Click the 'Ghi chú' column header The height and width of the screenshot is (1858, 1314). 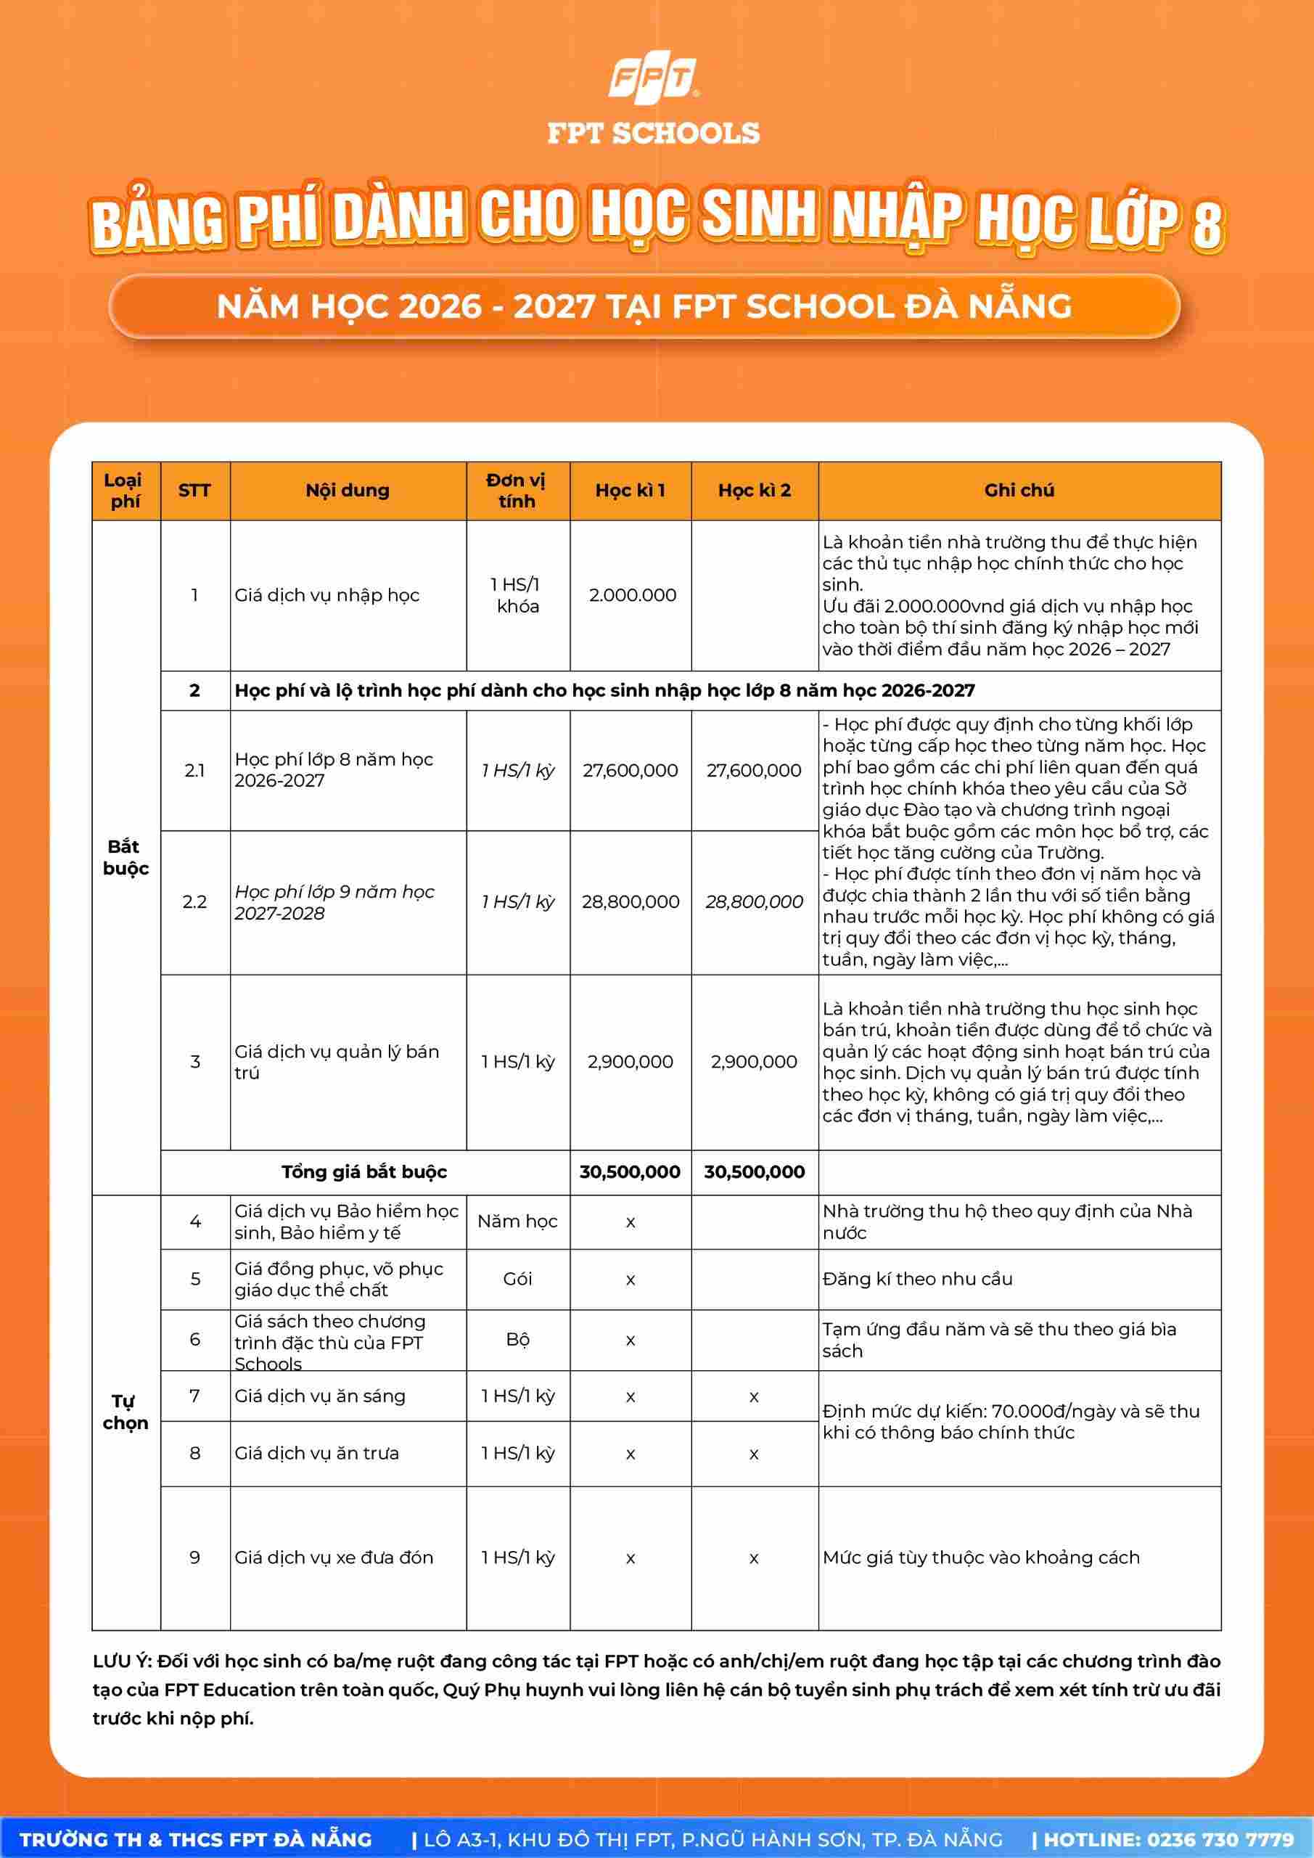(x=1019, y=491)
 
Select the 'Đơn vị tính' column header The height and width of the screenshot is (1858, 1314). (x=517, y=491)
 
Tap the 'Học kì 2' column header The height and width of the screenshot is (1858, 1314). (x=754, y=491)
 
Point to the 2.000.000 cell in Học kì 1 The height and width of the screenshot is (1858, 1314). (x=632, y=596)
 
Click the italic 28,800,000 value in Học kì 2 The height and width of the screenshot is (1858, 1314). (x=754, y=902)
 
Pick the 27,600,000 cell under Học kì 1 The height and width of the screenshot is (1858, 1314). (x=631, y=770)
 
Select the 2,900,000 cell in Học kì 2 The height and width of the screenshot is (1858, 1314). (x=754, y=1062)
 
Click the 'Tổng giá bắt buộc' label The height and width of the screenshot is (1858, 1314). (x=364, y=1171)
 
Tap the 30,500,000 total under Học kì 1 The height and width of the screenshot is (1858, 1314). (x=631, y=1171)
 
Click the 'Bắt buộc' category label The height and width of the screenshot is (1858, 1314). (x=126, y=858)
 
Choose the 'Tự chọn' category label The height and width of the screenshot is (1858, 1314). (x=126, y=1412)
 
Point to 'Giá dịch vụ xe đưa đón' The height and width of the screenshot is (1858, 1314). (x=334, y=1558)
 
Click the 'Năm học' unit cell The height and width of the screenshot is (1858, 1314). (x=517, y=1221)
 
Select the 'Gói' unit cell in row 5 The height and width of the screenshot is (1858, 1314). (x=517, y=1279)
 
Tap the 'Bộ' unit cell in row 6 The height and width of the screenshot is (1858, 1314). (x=517, y=1339)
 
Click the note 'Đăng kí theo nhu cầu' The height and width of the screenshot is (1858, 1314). (x=918, y=1279)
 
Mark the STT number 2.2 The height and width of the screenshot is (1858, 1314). (x=195, y=902)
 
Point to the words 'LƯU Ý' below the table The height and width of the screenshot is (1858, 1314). (x=121, y=1661)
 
